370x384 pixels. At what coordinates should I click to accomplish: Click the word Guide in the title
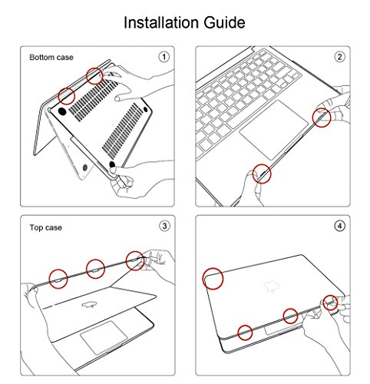click(x=224, y=22)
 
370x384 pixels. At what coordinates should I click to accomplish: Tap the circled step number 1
click(x=164, y=57)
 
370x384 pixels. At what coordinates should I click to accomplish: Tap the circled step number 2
click(x=339, y=57)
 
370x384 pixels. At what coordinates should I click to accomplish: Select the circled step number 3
click(x=164, y=226)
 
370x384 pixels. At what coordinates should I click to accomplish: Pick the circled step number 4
click(x=340, y=226)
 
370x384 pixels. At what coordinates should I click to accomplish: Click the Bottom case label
click(x=51, y=58)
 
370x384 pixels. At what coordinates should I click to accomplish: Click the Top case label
click(x=45, y=227)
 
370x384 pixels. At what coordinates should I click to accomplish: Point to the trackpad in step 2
click(x=274, y=130)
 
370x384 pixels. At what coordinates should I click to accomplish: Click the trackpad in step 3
click(x=104, y=337)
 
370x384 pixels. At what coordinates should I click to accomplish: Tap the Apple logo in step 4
click(x=272, y=286)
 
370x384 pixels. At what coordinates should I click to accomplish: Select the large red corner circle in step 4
click(x=213, y=279)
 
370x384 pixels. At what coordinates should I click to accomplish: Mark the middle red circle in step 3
click(x=95, y=269)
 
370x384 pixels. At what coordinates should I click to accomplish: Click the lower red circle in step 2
click(x=262, y=174)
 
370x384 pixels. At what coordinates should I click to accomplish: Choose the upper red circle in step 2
click(x=322, y=118)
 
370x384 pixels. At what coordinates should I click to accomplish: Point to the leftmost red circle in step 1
click(x=67, y=96)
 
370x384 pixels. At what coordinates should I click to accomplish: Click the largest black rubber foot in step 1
click(x=62, y=111)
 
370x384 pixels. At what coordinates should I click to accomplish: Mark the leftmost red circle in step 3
click(x=58, y=279)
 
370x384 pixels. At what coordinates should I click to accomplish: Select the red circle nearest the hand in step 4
click(x=330, y=303)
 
